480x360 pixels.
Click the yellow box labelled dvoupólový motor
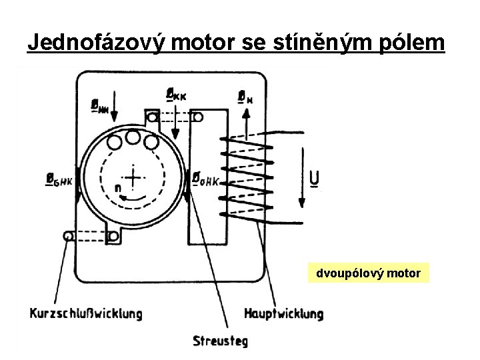369,273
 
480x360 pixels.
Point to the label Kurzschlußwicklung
85,313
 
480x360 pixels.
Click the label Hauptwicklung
283,313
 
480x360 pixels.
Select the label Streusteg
220,341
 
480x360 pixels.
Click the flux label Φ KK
176,95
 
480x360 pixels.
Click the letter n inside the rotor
117,189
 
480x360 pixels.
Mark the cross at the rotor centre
133,177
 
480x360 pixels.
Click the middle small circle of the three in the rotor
133,138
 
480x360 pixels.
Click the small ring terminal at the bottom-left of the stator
68,235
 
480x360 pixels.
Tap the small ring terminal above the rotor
153,118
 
